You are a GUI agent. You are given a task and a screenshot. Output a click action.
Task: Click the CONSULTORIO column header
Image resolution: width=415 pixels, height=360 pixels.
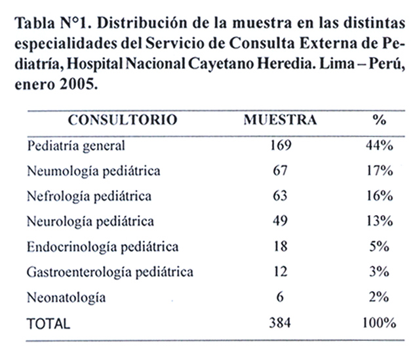pyautogui.click(x=123, y=120)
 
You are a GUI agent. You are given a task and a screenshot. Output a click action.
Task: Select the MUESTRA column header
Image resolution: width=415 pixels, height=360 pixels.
pyautogui.click(x=280, y=120)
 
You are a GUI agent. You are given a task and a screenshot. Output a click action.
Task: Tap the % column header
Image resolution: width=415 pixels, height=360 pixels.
pyautogui.click(x=380, y=120)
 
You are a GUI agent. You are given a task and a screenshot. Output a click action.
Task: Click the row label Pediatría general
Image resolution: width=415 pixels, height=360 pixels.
pyautogui.click(x=76, y=146)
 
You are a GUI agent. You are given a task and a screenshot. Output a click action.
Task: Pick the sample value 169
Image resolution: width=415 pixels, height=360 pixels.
pyautogui.click(x=281, y=146)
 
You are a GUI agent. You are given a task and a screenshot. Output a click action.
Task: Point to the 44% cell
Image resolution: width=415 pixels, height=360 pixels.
pyautogui.click(x=380, y=146)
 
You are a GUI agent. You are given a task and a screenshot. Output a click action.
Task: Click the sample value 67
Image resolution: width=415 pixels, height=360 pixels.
pyautogui.click(x=281, y=170)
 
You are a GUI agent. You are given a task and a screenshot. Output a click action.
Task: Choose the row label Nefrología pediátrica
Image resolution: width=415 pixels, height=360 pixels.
pyautogui.click(x=89, y=197)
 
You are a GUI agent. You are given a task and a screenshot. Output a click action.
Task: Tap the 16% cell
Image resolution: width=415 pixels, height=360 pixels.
pyautogui.click(x=380, y=196)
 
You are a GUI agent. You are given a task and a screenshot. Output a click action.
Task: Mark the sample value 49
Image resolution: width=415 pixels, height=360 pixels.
pyautogui.click(x=281, y=221)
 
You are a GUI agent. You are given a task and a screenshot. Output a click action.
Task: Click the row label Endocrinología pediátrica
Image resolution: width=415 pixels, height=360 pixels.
pyautogui.click(x=103, y=247)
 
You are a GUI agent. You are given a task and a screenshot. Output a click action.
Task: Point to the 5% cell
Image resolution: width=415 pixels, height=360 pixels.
pyautogui.click(x=380, y=247)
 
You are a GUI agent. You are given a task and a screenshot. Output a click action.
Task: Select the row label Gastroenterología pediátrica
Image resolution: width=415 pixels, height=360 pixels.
pyautogui.click(x=110, y=273)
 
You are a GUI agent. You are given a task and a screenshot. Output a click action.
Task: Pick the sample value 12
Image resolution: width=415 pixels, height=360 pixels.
pyautogui.click(x=281, y=271)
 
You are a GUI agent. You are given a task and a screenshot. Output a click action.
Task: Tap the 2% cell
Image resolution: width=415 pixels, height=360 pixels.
pyautogui.click(x=380, y=297)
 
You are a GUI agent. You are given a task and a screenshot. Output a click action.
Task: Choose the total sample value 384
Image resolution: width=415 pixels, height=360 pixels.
pyautogui.click(x=280, y=323)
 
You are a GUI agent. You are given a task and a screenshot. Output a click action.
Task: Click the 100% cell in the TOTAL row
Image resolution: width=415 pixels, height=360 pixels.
pyautogui.click(x=380, y=323)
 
